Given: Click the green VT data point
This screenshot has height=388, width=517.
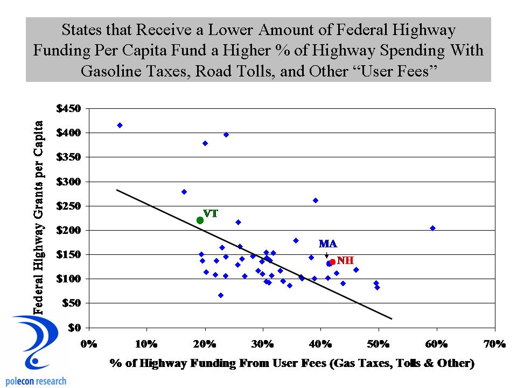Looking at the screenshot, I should [x=200, y=220].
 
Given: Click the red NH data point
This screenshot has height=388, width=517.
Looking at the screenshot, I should [x=332, y=262].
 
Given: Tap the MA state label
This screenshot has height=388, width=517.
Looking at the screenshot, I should [x=327, y=244].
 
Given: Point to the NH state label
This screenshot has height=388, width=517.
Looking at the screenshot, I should [x=345, y=260].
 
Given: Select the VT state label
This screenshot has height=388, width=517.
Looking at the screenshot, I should [x=211, y=213].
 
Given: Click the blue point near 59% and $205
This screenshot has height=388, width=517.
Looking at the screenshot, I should [x=432, y=228].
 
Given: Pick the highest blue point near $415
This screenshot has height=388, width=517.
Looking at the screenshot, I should [x=120, y=125].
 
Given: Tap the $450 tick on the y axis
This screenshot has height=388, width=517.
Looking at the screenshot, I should [x=68, y=108].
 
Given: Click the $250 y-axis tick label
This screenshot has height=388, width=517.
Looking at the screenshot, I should [x=68, y=206].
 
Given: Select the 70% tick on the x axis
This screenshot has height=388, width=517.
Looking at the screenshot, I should [x=495, y=343].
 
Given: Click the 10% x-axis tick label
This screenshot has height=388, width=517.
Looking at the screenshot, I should [x=146, y=343].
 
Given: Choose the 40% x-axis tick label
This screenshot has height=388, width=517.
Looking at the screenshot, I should [x=321, y=343].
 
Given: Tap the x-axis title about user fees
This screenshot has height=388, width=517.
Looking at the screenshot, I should [x=292, y=364].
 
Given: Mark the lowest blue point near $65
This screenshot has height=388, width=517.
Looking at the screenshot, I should [x=221, y=295].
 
